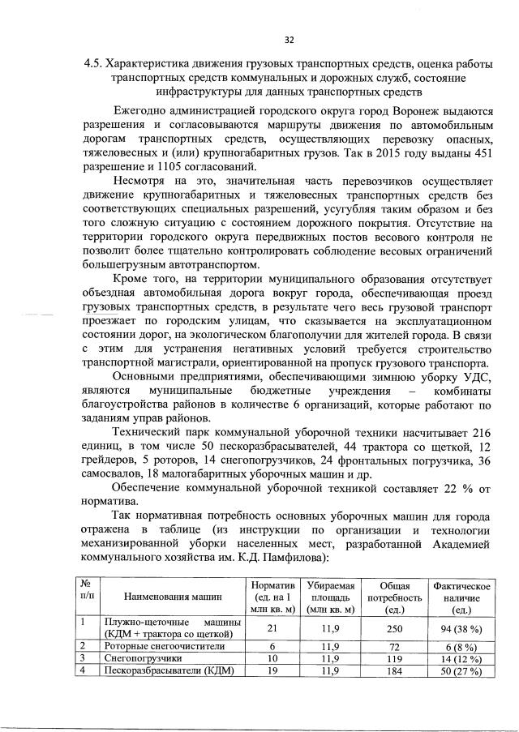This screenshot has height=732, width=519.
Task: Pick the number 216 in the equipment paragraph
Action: tap(481, 431)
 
